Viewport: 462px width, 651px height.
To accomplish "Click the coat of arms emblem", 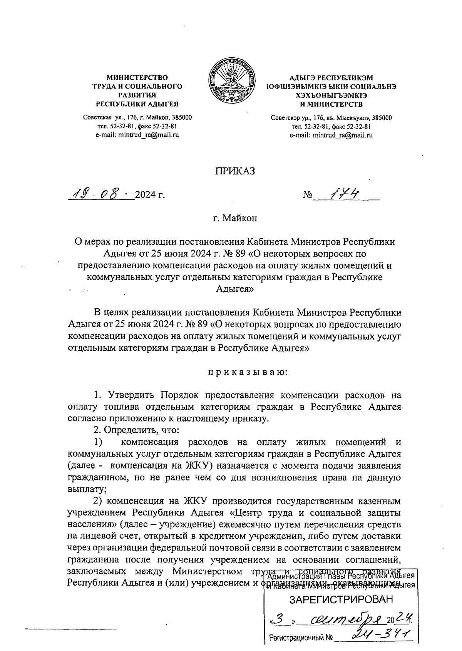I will pyautogui.click(x=231, y=81).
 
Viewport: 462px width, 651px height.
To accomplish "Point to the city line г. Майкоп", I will pyautogui.click(x=235, y=219).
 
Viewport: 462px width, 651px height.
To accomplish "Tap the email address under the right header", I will pyautogui.click(x=331, y=135).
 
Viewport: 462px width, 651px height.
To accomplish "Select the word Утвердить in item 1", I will pyautogui.click(x=131, y=395).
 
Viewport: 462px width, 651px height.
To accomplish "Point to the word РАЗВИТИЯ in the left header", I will pyautogui.click(x=137, y=95).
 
